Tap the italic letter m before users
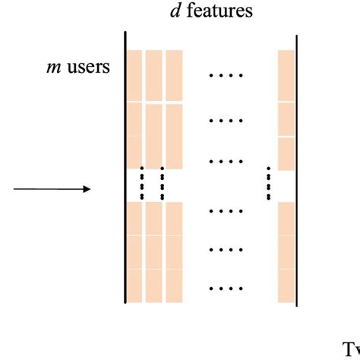(x=52, y=68)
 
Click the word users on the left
(x=89, y=68)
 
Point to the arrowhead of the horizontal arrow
(x=87, y=189)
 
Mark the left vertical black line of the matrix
(x=124, y=167)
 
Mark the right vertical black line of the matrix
(x=296, y=167)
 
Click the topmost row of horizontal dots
(x=226, y=76)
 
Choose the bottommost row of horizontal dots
(x=226, y=289)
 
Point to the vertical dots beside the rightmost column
(x=268, y=183)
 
